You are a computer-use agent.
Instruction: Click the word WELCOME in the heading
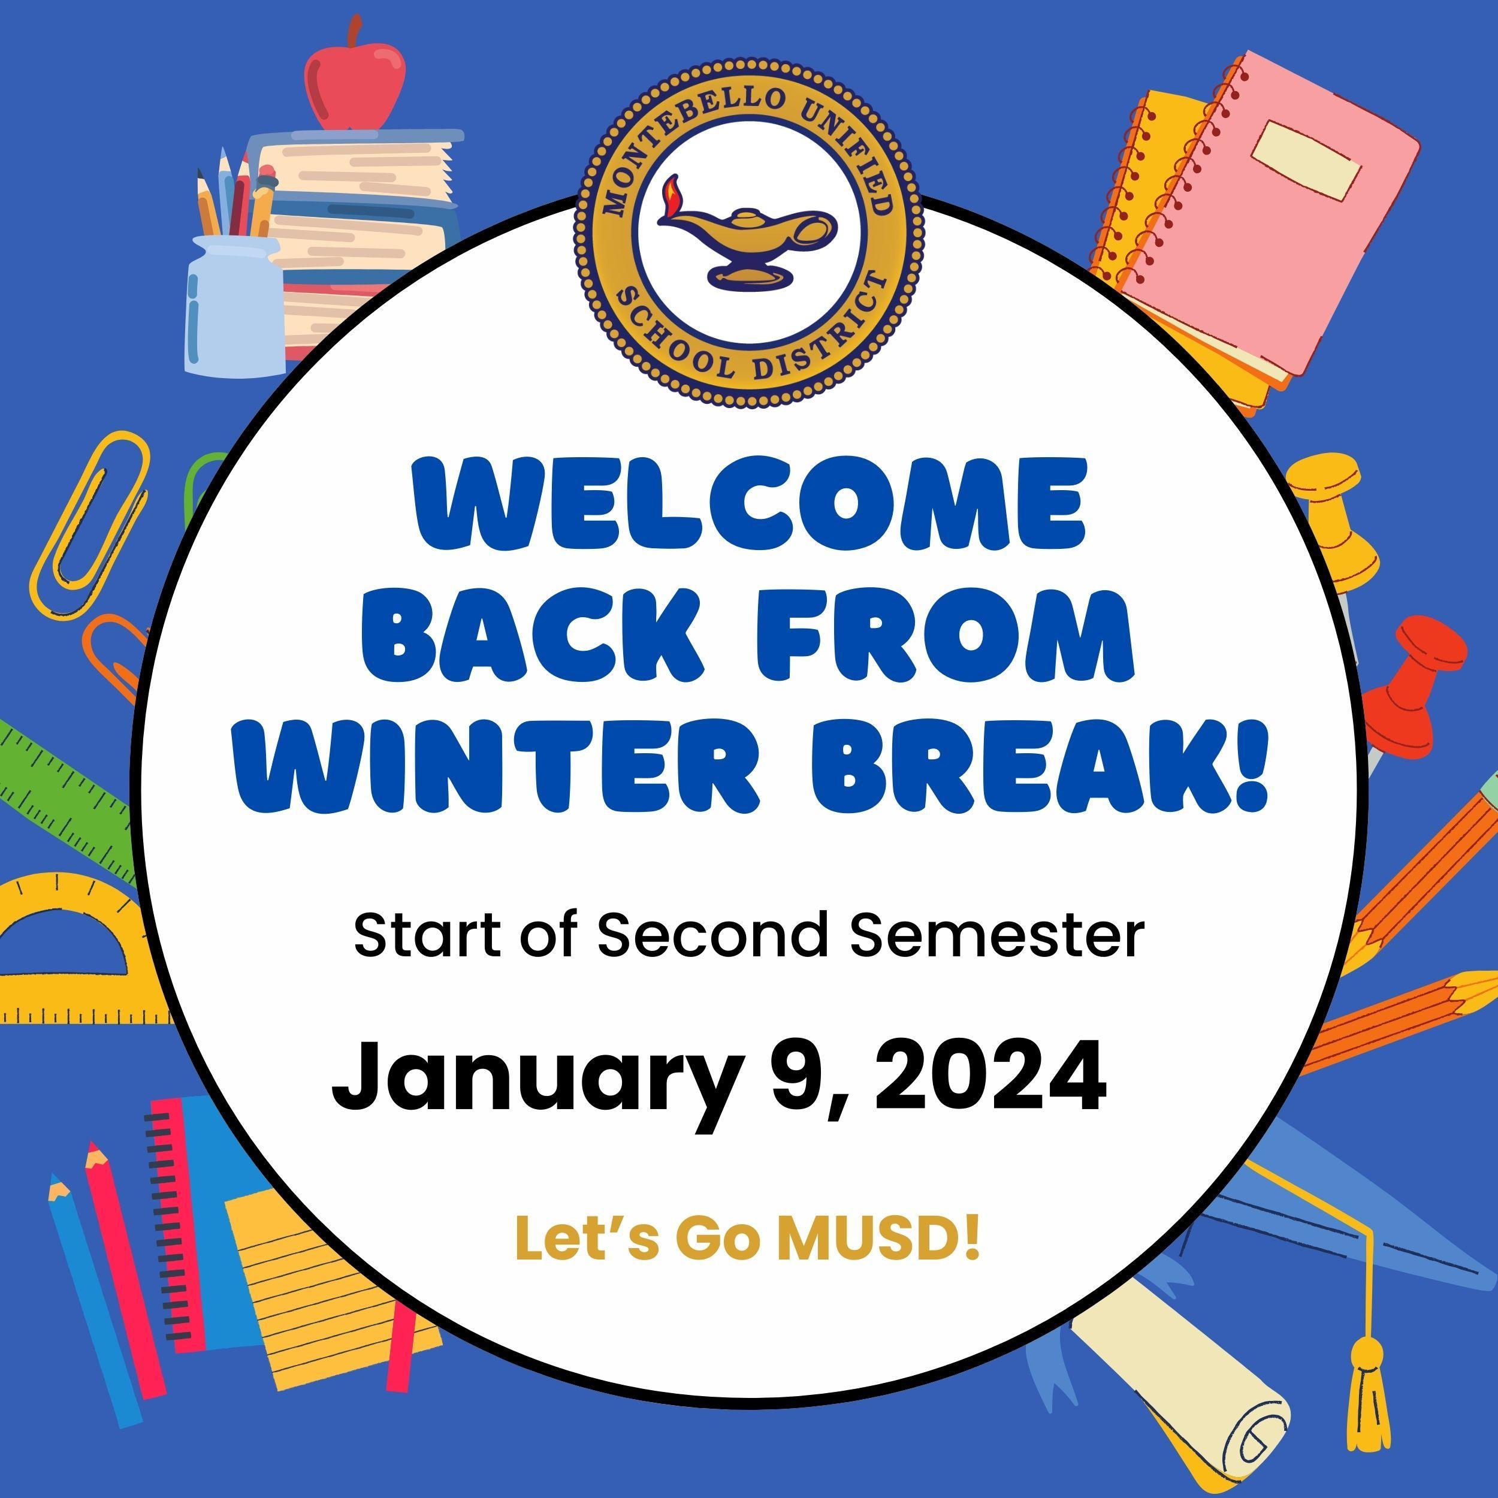750,504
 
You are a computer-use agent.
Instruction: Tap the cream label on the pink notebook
1309,158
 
